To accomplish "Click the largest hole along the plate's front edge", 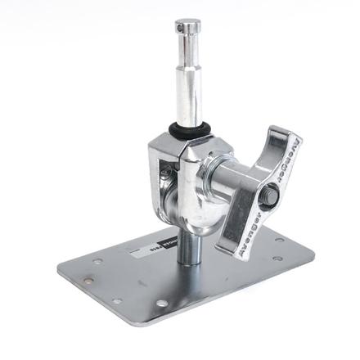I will point(161,304).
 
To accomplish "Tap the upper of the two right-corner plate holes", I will point(279,241).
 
